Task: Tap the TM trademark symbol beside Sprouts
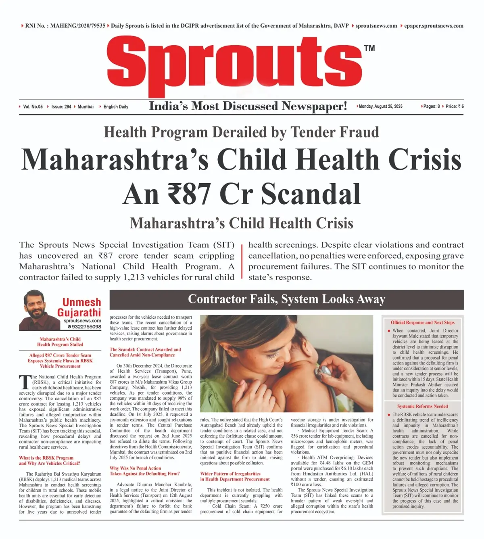(369, 48)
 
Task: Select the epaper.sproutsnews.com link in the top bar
(434, 26)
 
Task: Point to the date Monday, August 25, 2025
(380, 107)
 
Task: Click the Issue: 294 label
(61, 107)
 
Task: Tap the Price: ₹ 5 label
(455, 107)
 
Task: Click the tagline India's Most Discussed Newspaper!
(248, 106)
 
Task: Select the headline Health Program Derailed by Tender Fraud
(241, 132)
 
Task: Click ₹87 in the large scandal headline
(189, 194)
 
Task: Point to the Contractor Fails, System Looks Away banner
(286, 299)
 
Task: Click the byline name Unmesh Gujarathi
(80, 307)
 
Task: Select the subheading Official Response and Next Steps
(422, 323)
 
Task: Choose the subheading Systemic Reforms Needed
(422, 407)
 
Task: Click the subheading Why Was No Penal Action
(136, 468)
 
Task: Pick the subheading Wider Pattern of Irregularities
(230, 474)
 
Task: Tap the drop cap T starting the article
(25, 382)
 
